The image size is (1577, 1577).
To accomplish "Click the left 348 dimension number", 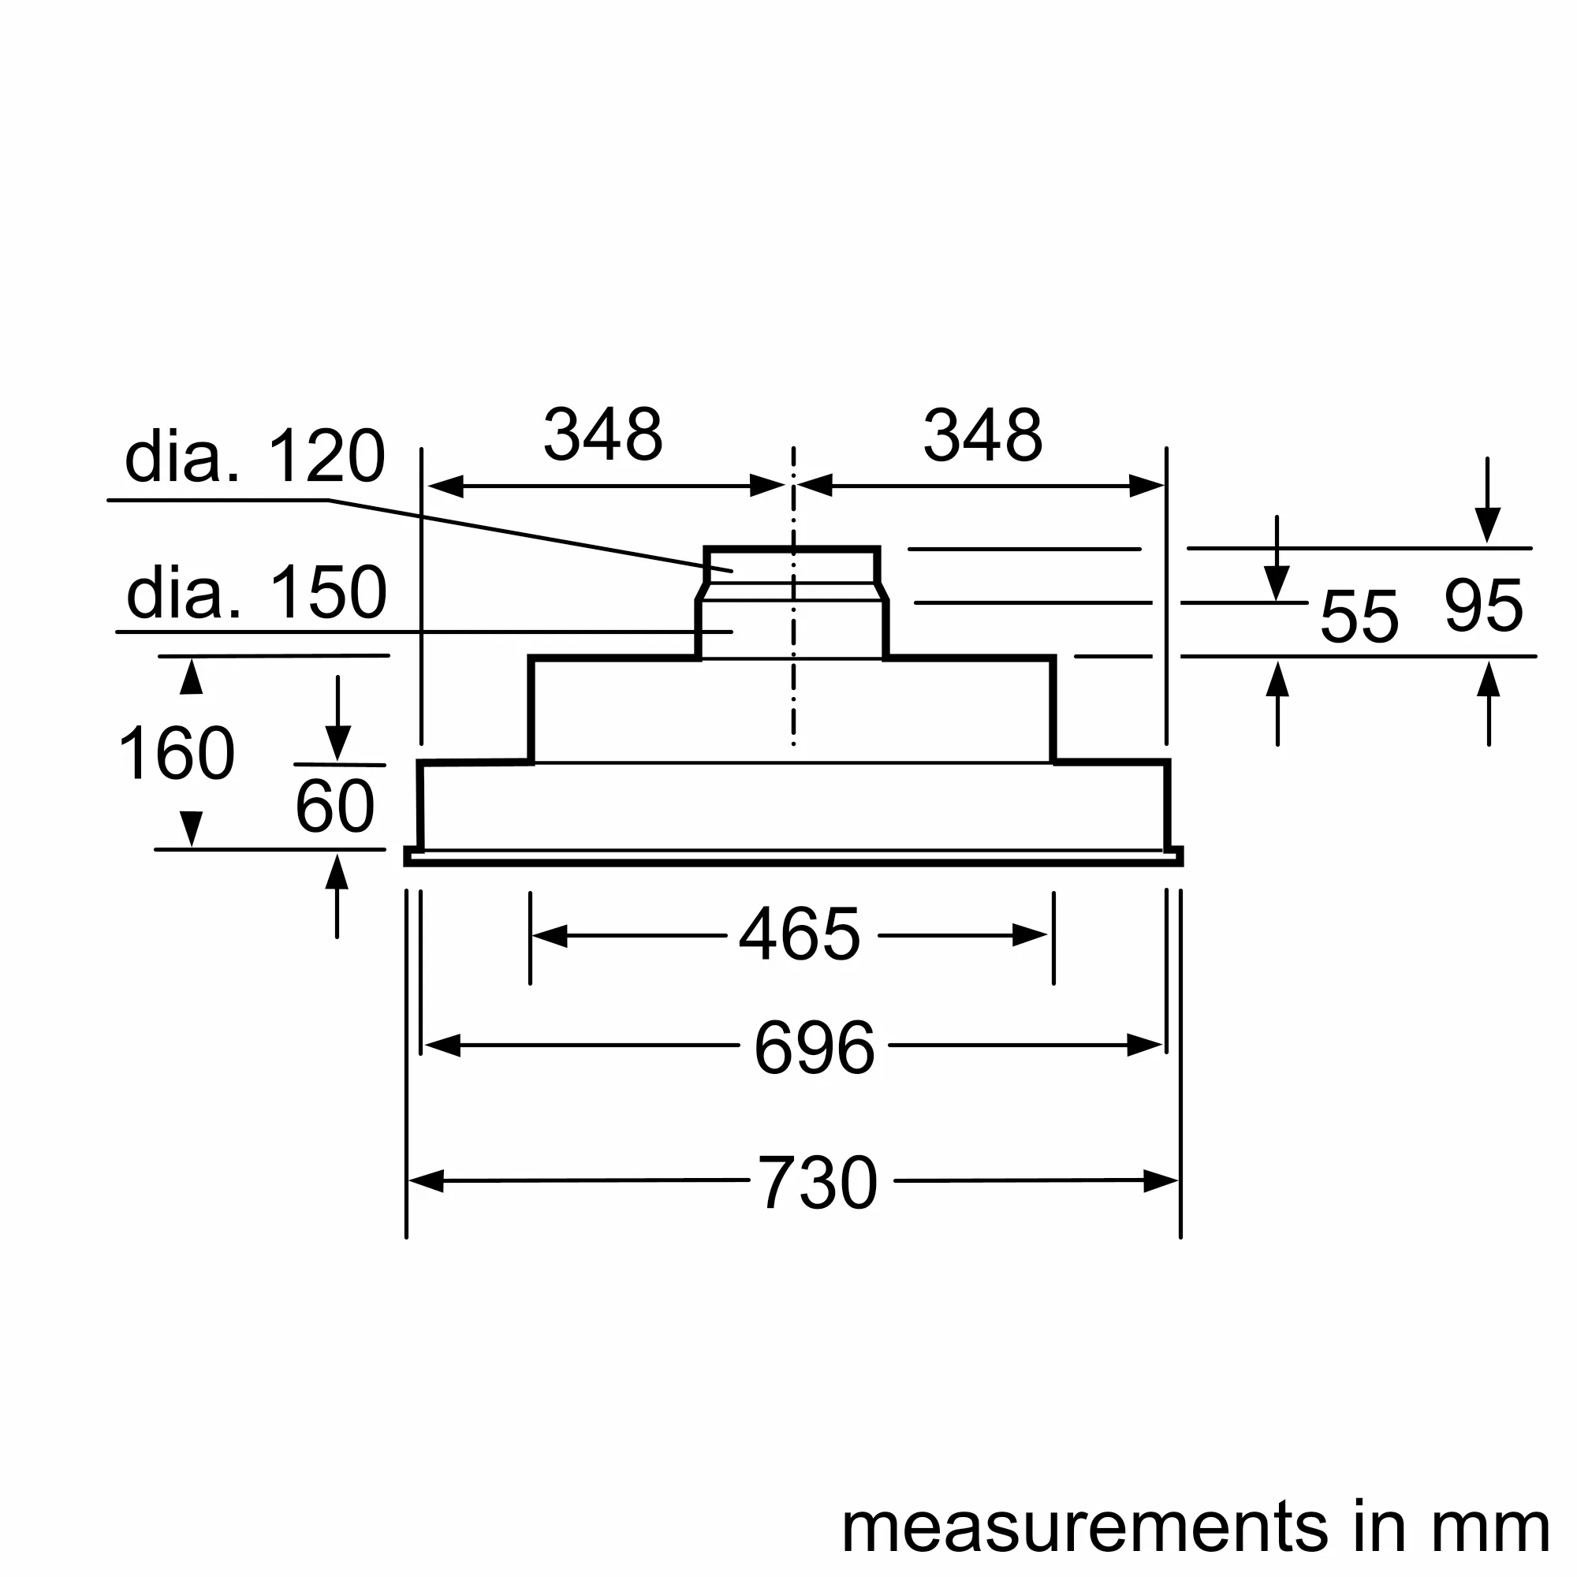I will [603, 435].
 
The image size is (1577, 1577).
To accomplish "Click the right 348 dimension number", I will [982, 435].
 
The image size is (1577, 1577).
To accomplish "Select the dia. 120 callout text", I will [255, 457].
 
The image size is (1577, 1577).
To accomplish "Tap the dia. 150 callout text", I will [256, 593].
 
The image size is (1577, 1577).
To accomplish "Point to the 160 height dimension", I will [177, 755].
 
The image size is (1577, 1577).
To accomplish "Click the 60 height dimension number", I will [334, 807].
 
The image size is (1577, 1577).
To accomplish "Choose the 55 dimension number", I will [1359, 617].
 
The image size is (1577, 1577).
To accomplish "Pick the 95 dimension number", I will [1483, 606].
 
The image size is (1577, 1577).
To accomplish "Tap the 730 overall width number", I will [818, 1184].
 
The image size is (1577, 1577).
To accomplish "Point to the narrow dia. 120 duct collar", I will [791, 565].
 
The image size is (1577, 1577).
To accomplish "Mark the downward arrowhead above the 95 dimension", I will [1487, 524].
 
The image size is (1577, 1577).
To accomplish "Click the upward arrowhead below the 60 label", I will [337, 872].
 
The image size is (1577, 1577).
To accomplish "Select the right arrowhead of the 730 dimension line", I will [1161, 1181].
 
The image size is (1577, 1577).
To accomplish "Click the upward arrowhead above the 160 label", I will [191, 677].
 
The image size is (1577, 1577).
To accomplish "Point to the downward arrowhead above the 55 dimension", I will [1277, 583].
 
